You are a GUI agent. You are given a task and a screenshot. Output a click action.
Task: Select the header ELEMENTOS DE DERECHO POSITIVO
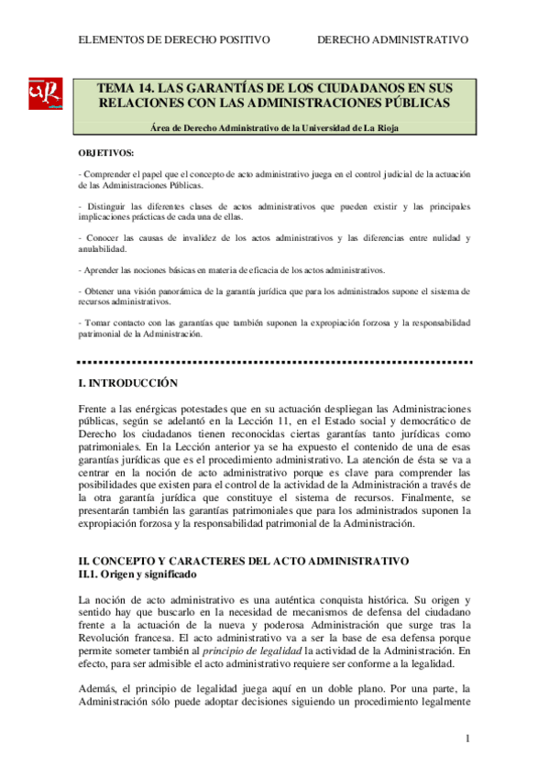coord(174,40)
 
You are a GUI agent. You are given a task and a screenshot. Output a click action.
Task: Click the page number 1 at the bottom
coord(467,739)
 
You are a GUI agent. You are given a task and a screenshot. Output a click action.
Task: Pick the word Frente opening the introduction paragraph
coord(99,408)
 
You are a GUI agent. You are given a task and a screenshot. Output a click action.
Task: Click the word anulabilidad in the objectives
coord(107,248)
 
